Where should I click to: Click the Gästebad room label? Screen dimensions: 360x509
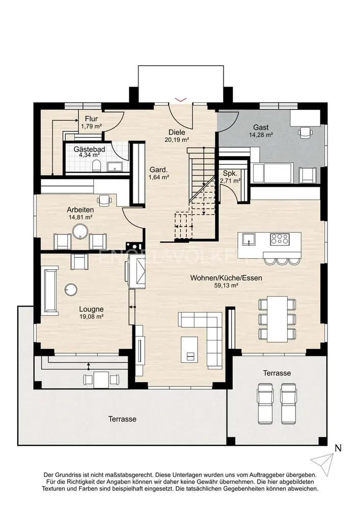coord(89,149)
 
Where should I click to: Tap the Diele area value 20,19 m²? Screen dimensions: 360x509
coord(177,140)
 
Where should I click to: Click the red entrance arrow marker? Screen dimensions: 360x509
coord(181,99)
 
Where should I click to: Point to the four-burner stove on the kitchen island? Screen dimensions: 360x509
coord(280,239)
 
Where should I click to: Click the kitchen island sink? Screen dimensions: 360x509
coord(248,239)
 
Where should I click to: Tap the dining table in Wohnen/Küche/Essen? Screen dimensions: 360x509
coord(277,319)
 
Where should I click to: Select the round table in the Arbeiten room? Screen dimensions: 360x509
coord(80,231)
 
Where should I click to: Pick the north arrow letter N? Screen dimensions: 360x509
coord(338,448)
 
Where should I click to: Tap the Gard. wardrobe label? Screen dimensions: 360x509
coord(159,170)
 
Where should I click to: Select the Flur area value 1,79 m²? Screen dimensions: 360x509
coord(92,126)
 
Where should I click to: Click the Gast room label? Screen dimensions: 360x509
coord(261,127)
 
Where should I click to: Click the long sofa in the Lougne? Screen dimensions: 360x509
coord(50,290)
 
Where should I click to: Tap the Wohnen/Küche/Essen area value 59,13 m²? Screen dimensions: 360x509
coord(226,286)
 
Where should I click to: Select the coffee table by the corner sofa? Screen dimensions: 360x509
coord(190,349)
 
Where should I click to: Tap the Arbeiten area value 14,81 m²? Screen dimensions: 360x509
coord(80,217)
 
